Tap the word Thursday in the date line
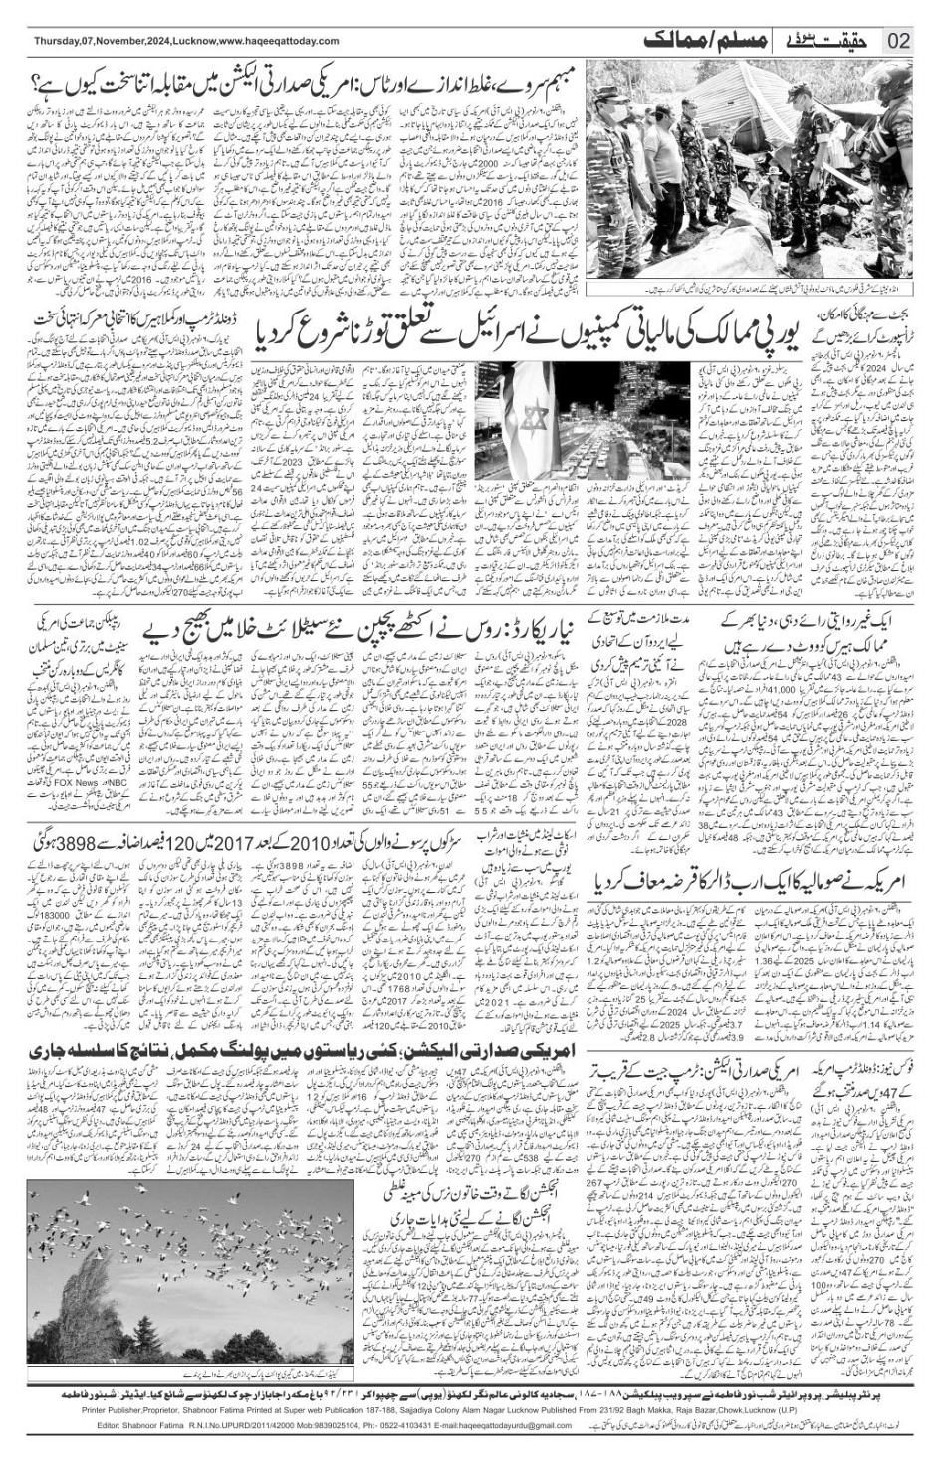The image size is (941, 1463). tap(56, 41)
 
